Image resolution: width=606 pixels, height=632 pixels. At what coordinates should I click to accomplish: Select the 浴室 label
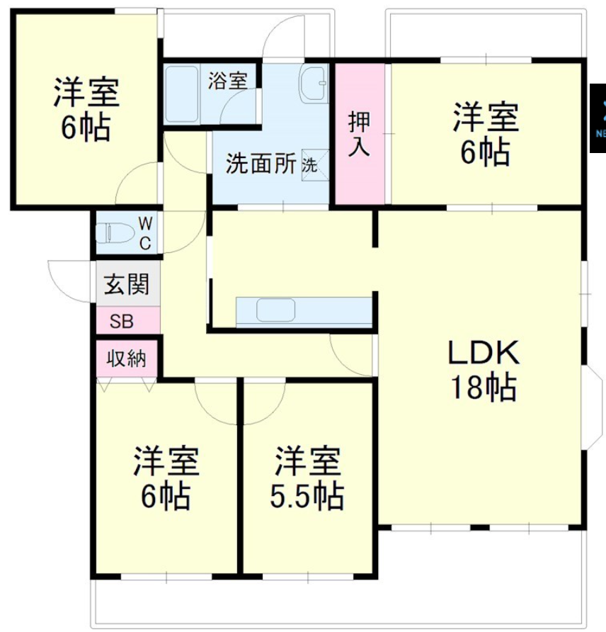(227, 80)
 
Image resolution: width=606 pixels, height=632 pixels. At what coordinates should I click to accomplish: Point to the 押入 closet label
(358, 134)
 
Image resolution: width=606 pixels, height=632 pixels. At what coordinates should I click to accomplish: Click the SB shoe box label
(121, 322)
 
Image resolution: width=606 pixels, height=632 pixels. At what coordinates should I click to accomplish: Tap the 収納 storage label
(127, 359)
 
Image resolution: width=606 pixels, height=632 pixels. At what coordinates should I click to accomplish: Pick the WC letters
(144, 233)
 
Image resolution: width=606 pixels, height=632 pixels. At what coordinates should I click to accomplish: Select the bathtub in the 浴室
(183, 94)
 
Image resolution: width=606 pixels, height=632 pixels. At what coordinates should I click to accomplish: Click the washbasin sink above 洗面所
(313, 86)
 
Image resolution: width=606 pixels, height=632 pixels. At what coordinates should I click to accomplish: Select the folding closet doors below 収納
(127, 385)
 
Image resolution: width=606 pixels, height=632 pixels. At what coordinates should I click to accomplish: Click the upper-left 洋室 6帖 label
(84, 109)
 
